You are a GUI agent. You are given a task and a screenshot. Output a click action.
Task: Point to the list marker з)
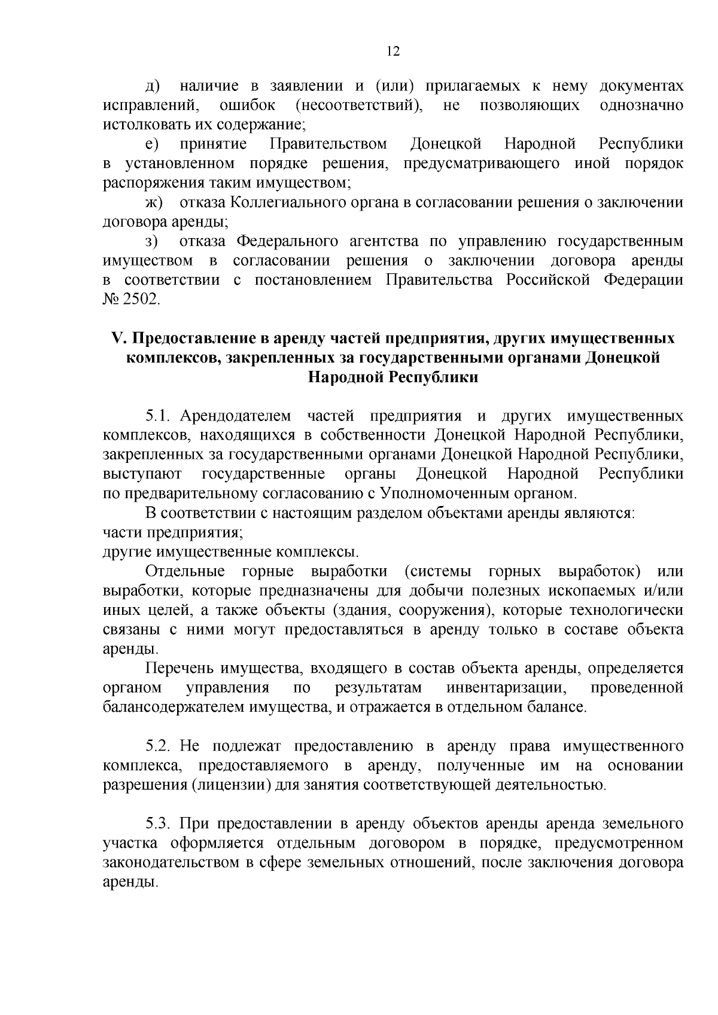tap(151, 242)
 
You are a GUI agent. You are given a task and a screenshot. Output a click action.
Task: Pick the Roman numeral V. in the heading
tap(117, 339)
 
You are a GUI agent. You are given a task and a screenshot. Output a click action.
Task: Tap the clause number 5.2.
tap(159, 746)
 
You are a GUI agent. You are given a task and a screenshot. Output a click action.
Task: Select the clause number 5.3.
tap(159, 824)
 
